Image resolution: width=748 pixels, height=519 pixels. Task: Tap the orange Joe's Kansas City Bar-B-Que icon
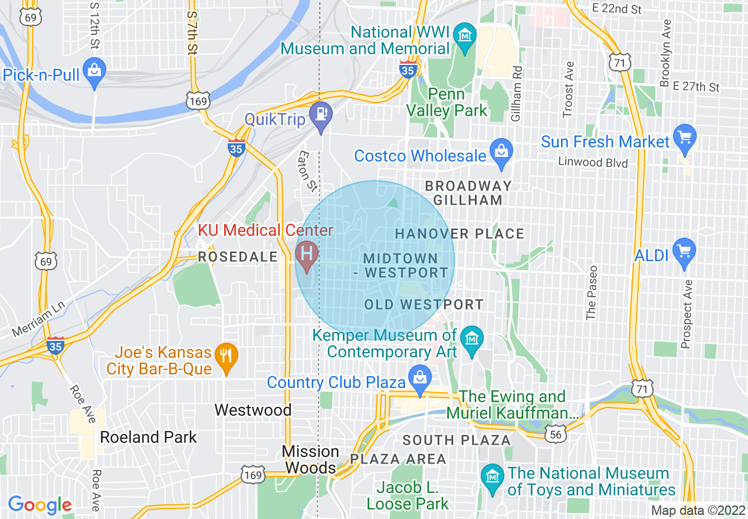pyautogui.click(x=227, y=354)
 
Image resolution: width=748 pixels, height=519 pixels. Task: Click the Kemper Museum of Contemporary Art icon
pyautogui.click(x=471, y=339)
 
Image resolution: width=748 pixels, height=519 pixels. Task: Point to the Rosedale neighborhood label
pyautogui.click(x=238, y=257)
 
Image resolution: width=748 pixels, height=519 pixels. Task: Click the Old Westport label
pyautogui.click(x=424, y=305)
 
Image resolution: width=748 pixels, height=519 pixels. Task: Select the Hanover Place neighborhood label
pyautogui.click(x=460, y=234)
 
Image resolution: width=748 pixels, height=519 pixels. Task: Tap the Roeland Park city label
pyautogui.click(x=148, y=437)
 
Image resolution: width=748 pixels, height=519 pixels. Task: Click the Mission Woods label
pyautogui.click(x=310, y=459)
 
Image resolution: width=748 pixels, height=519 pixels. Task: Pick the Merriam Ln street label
pyautogui.click(x=40, y=318)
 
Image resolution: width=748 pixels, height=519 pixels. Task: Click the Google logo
pyautogui.click(x=40, y=505)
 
